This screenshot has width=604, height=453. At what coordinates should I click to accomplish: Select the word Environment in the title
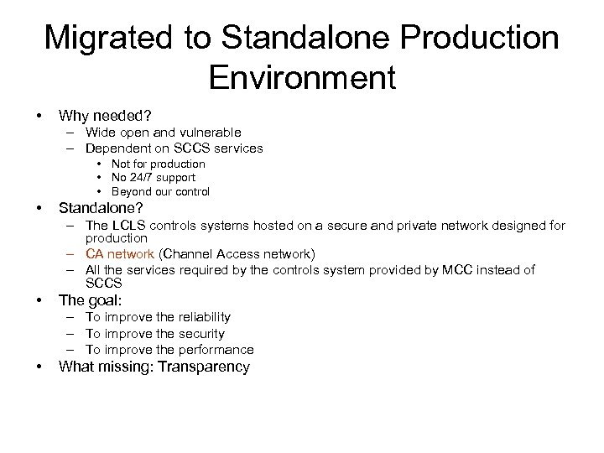click(x=302, y=77)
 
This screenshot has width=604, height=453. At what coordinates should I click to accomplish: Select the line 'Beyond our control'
click(x=160, y=192)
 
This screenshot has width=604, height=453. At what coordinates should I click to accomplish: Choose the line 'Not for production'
click(x=158, y=164)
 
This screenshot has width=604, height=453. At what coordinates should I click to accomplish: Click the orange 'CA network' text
click(x=120, y=254)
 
